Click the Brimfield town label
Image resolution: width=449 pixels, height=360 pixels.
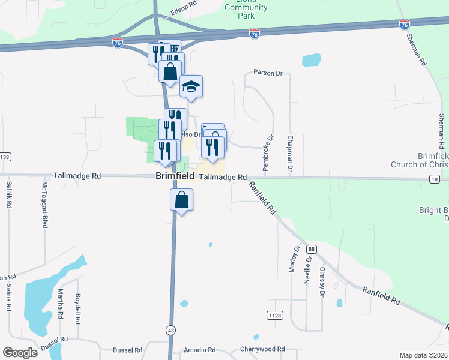[175, 176]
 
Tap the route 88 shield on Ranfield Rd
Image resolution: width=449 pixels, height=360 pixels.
[310, 248]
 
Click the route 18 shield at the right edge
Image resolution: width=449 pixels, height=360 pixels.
[435, 179]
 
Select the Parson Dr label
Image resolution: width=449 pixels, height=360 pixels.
[267, 73]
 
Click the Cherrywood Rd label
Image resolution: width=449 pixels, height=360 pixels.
[262, 349]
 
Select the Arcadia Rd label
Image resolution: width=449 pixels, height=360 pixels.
[200, 350]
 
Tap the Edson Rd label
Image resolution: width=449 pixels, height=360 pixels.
[184, 4]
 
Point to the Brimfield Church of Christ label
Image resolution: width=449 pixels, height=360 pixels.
[417, 159]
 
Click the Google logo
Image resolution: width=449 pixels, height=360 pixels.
[20, 352]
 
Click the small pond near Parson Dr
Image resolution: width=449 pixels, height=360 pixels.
[311, 60]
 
